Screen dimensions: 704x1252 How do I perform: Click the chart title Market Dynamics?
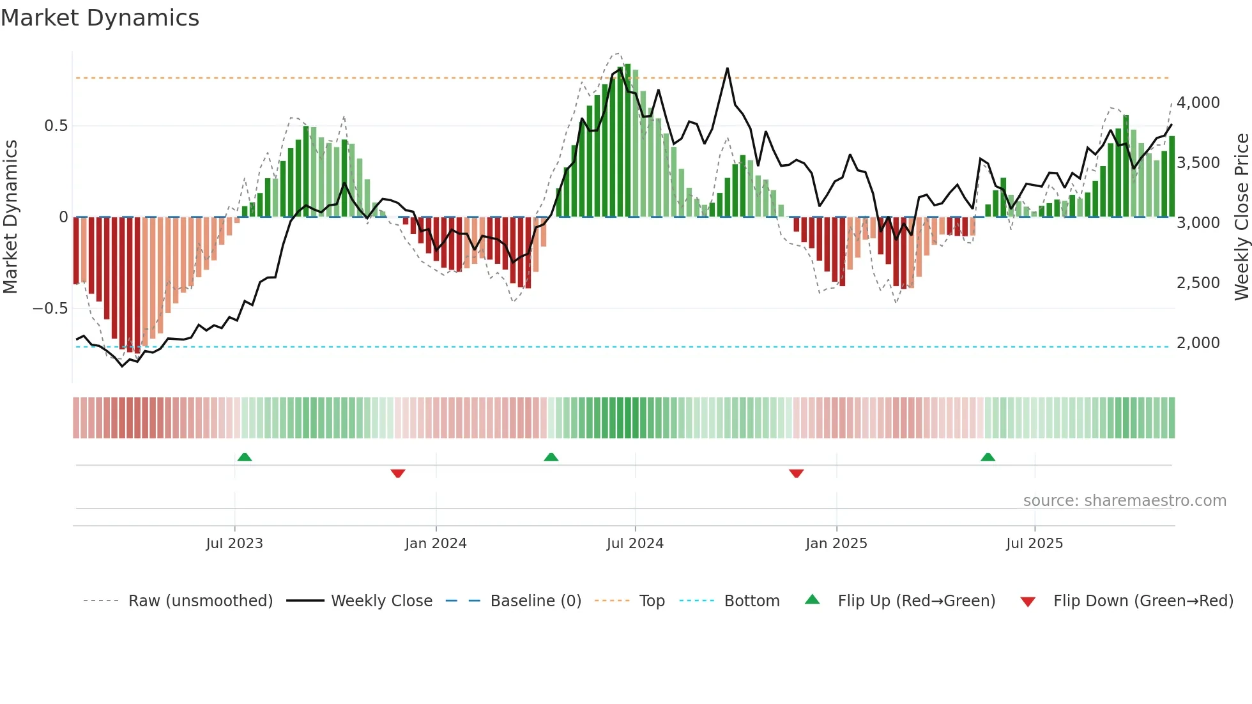tap(100, 18)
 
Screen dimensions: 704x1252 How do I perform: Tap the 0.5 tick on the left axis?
tap(56, 126)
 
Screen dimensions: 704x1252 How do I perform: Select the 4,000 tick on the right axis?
tap(1198, 103)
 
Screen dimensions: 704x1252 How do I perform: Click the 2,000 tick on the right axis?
tap(1198, 343)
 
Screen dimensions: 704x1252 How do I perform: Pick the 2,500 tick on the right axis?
tap(1198, 283)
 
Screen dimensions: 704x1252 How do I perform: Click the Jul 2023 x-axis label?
tap(234, 544)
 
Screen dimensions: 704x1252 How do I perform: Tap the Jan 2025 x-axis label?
tap(836, 544)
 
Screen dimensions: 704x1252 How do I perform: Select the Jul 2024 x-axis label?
tap(635, 544)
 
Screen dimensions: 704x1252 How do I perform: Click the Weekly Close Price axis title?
tap(1241, 217)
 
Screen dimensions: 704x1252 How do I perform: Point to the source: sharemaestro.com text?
tap(1124, 501)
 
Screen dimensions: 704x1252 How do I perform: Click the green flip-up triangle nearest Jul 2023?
tap(245, 457)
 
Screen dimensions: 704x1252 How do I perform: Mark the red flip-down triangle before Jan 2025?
tap(796, 473)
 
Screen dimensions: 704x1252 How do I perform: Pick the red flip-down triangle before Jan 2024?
tap(398, 473)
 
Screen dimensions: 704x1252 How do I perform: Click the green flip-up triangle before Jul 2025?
tap(988, 457)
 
